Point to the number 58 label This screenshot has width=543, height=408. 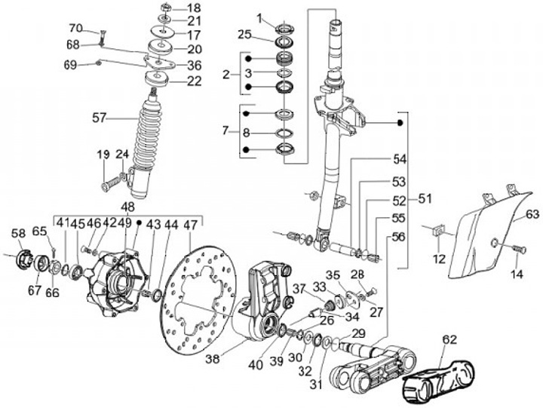[17, 234]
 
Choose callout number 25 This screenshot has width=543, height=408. [244, 34]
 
